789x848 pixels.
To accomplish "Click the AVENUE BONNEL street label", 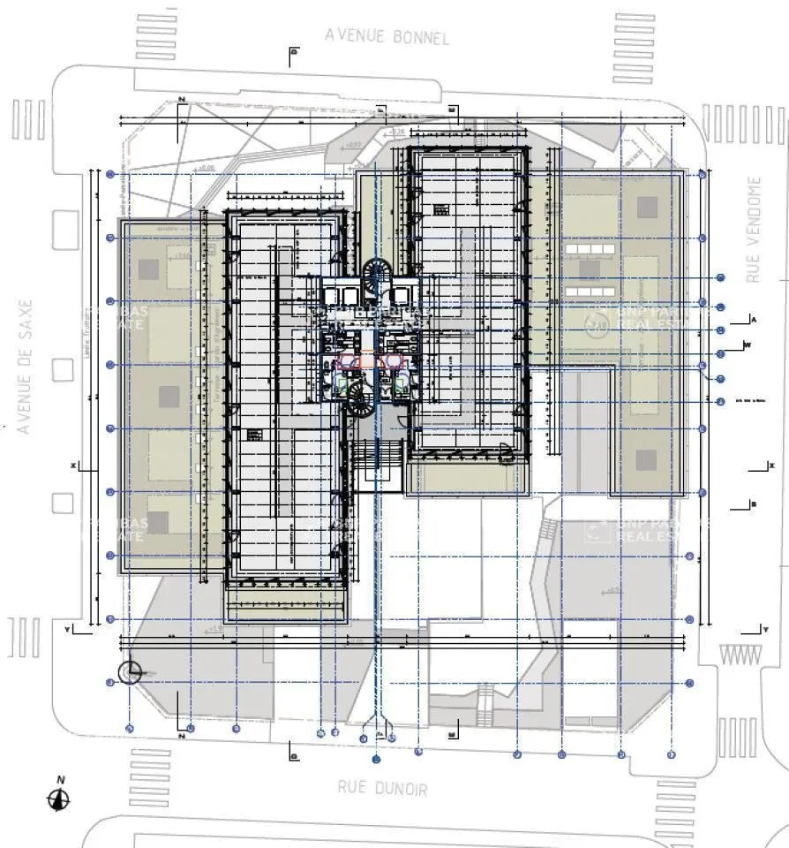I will pos(387,36).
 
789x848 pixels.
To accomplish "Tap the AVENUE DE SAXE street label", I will pos(25,367).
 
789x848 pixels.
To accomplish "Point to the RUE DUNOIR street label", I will pos(381,787).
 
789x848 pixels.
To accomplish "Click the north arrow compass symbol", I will pos(59,799).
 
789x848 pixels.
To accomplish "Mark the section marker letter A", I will pos(755,318).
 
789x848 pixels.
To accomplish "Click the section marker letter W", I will pos(748,344).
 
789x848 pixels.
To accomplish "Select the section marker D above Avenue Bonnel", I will pos(294,52).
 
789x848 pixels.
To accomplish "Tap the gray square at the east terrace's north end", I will pos(648,208).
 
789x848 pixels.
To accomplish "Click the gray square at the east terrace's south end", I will pos(647,460).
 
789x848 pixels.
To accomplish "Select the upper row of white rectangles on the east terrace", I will pos(593,251).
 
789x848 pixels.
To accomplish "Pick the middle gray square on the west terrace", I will pos(169,397).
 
